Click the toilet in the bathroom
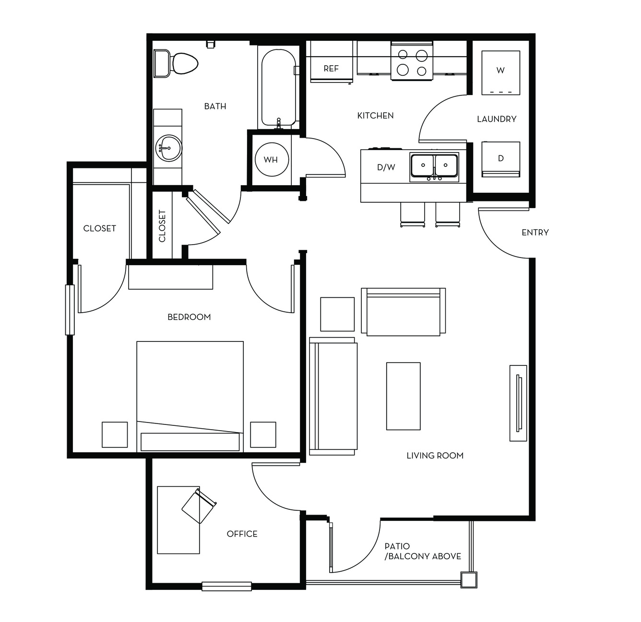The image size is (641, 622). (x=176, y=63)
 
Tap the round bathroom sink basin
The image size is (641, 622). (x=168, y=148)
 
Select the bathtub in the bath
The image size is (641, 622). (x=279, y=88)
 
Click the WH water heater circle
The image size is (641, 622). (x=272, y=159)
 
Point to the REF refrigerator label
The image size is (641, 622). (x=331, y=69)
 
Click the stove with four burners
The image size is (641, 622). (x=412, y=61)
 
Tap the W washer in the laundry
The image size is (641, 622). (x=501, y=73)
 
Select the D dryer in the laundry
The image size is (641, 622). (x=501, y=159)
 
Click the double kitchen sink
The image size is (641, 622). (x=434, y=167)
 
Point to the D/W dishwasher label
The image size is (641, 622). (x=386, y=167)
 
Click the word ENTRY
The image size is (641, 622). (x=535, y=233)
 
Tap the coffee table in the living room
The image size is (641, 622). (x=403, y=396)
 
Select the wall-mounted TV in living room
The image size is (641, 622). (x=518, y=403)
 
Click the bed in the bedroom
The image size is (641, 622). (x=190, y=397)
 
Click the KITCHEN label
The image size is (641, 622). (x=376, y=116)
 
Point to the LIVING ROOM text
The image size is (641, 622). (x=435, y=456)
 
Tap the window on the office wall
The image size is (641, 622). (x=226, y=586)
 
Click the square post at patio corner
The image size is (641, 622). (x=469, y=580)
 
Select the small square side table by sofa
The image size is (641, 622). (x=337, y=314)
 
